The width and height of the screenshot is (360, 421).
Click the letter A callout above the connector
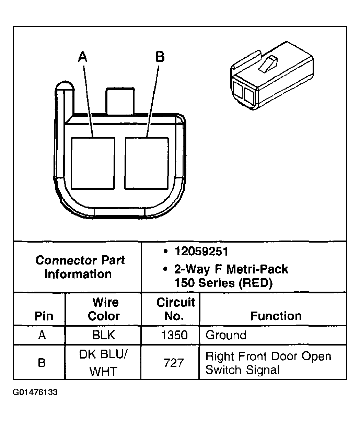[82, 57]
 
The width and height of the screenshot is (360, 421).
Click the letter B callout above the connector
[160, 57]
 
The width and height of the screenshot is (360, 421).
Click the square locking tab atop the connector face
[120, 101]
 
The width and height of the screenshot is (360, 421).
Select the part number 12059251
[201, 252]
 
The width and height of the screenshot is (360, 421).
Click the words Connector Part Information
[80, 267]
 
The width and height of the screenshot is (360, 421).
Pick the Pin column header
[44, 316]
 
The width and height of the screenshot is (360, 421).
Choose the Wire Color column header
[104, 309]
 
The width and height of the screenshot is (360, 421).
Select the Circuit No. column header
[175, 309]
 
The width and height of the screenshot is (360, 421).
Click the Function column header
[276, 316]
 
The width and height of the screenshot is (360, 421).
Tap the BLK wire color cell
[104, 335]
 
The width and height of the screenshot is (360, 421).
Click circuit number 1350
[174, 335]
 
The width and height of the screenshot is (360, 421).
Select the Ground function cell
[226, 335]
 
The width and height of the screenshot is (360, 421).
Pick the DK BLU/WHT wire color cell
[104, 363]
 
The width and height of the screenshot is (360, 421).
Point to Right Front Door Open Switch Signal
[268, 363]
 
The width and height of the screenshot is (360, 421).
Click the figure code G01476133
[35, 392]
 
